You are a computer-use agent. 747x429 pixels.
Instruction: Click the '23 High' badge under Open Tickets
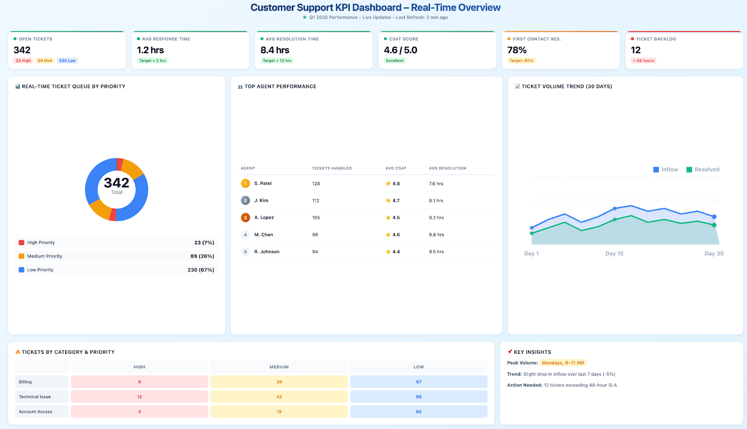[x=23, y=61]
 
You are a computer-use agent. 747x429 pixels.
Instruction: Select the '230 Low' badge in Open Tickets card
[x=67, y=61]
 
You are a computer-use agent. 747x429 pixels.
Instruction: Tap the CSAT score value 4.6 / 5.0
[x=400, y=50]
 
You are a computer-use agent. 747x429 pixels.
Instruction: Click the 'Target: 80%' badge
[x=521, y=61]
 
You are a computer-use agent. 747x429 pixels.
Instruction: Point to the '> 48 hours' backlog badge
[x=643, y=61]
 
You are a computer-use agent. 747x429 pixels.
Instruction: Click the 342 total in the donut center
[x=116, y=183]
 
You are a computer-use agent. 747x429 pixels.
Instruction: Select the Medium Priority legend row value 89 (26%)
[x=202, y=256]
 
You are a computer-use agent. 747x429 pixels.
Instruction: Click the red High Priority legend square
[x=21, y=243]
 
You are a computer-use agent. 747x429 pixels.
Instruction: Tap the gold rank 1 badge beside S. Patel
[x=245, y=183]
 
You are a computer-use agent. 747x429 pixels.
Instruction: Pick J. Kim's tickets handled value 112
[x=316, y=201]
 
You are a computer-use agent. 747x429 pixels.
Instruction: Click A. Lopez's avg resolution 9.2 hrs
[x=436, y=218]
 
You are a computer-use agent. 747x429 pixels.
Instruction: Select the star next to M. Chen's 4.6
[x=388, y=235]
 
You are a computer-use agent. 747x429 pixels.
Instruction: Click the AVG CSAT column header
[x=395, y=168]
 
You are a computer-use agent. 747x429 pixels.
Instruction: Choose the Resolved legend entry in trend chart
[x=703, y=169]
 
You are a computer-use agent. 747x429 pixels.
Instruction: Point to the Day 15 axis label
[x=614, y=253]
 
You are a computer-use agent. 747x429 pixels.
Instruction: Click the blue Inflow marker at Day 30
[x=714, y=217]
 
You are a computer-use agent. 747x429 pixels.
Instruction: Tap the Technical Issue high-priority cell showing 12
[x=139, y=397]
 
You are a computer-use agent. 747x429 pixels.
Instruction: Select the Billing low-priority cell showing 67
[x=418, y=382]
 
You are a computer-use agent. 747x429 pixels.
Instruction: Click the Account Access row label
[x=35, y=412]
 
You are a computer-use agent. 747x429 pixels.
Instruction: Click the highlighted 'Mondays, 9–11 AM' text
[x=563, y=363]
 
